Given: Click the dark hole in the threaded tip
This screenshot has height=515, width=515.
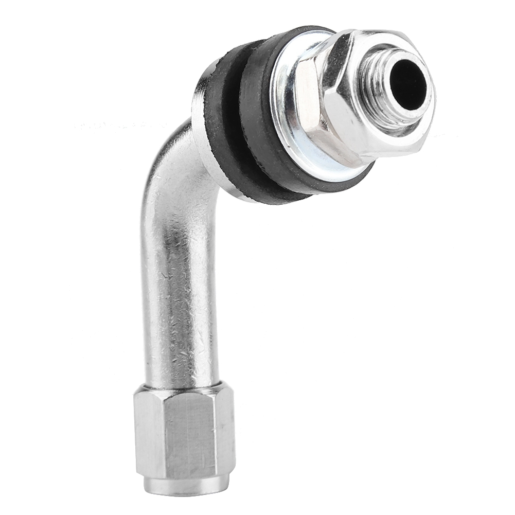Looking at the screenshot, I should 409,83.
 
